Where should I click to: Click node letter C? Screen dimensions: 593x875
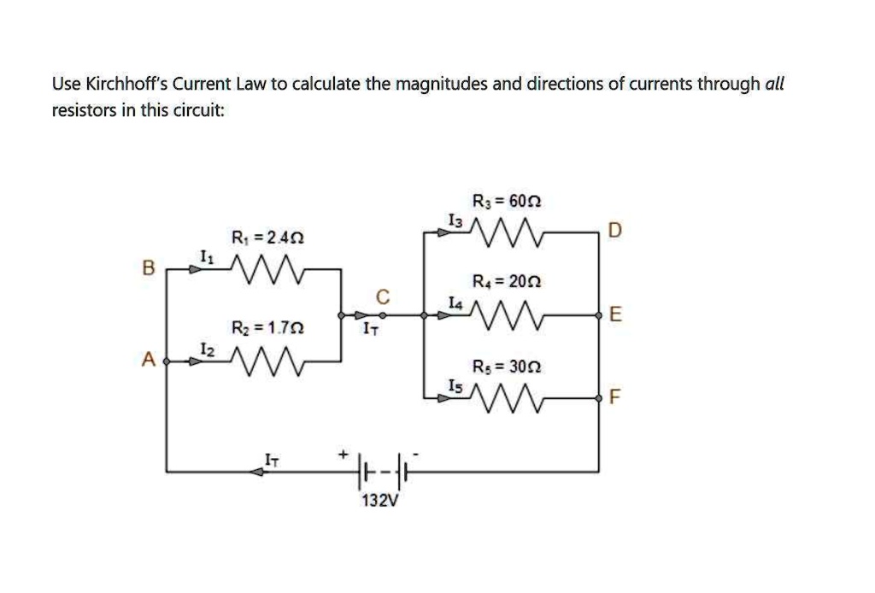click(384, 296)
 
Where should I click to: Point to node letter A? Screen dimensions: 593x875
click(147, 361)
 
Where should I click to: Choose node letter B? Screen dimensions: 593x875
click(147, 269)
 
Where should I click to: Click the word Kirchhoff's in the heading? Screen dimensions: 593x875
click(126, 84)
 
